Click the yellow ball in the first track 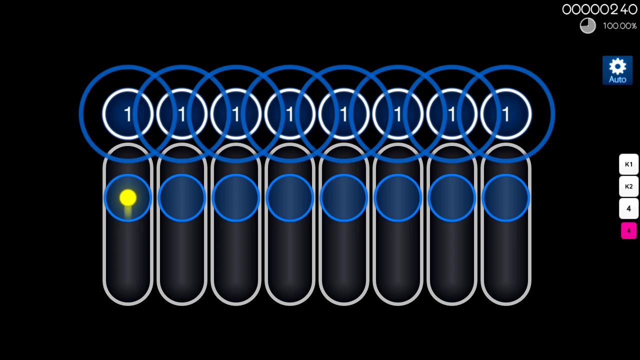coord(128,198)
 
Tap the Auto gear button coord(617,70)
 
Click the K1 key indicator coord(628,164)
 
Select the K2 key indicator coord(628,186)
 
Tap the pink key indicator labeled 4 coord(628,230)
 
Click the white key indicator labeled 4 coord(628,208)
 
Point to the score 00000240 coord(599,9)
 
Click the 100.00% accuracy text coord(619,26)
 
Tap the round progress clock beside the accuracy coord(588,25)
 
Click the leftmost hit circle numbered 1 coord(128,114)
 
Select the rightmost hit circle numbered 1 coord(506,114)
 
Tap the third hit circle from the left coord(236,114)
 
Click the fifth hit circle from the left coord(344,114)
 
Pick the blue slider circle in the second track coord(182,198)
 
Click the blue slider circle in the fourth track coord(290,198)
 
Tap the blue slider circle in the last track coord(506,198)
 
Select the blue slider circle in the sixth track coord(398,198)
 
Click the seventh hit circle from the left coord(452,114)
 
